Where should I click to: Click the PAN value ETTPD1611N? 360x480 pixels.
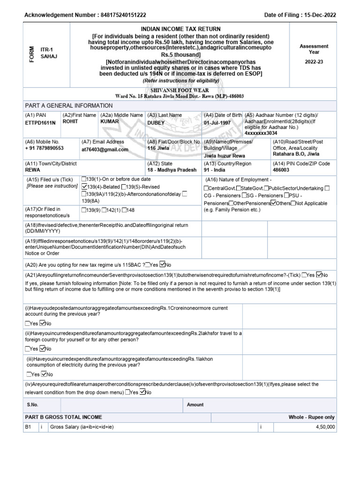pos(40,122)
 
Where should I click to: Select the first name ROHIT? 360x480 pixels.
pos(70,121)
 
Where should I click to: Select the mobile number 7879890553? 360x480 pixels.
pos(45,148)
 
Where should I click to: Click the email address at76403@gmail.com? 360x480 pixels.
pos(105,150)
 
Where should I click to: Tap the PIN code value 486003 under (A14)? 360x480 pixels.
pos(281,170)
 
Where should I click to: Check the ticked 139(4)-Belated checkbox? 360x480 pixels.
pos(84,187)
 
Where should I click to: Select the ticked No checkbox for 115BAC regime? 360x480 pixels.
pos(162,263)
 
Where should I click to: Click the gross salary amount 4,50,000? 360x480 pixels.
pos(323,427)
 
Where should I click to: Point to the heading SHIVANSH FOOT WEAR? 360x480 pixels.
pos(180,90)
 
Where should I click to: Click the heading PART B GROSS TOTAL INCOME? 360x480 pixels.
pos(63,417)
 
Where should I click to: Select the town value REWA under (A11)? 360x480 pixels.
pos(32,170)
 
